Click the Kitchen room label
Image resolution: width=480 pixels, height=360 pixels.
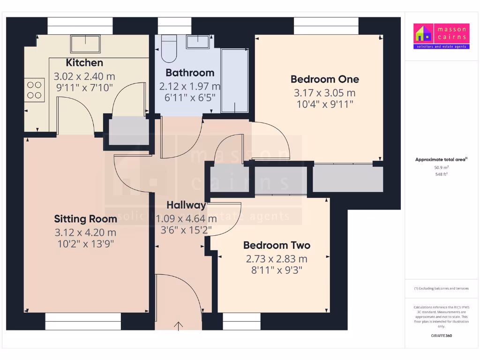click(x=84, y=63)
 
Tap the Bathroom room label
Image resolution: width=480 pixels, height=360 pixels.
click(x=190, y=73)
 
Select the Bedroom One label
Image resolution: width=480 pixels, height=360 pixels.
click(x=324, y=79)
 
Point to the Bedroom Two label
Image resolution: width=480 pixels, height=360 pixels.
click(x=277, y=245)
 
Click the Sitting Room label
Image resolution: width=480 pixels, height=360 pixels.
click(x=85, y=219)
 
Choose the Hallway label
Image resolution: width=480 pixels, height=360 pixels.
click(x=186, y=205)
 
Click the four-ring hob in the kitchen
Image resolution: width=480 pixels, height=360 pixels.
click(x=34, y=90)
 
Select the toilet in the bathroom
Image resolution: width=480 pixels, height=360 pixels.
click(x=168, y=49)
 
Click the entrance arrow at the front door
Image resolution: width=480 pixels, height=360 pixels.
click(x=179, y=326)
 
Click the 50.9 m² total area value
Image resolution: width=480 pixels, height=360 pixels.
click(x=441, y=167)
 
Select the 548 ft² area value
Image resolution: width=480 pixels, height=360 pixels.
click(x=441, y=174)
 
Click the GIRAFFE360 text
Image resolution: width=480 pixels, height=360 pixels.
click(x=441, y=336)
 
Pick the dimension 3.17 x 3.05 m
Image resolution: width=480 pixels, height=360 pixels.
click(x=324, y=93)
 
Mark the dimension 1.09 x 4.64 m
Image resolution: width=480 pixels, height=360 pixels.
click(x=186, y=218)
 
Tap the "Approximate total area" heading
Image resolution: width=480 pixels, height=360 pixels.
click(x=441, y=160)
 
